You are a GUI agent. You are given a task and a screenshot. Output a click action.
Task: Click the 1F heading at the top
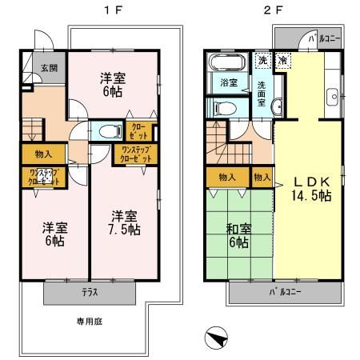click(x=108, y=11)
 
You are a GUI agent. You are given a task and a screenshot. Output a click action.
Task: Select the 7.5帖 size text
click(x=125, y=230)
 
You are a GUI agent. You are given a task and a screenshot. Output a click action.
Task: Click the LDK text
click(x=308, y=180)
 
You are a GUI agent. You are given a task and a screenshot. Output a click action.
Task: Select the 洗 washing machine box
click(x=263, y=61)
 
